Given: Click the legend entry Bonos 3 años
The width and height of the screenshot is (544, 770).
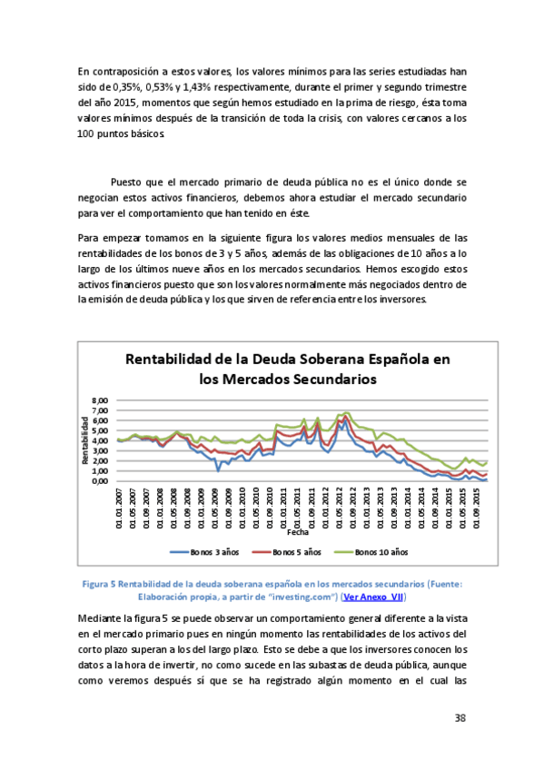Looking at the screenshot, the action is click(x=205, y=551).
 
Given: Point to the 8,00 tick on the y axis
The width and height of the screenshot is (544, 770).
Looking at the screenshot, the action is click(x=101, y=400).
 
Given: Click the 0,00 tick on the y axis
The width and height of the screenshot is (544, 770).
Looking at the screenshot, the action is click(x=101, y=481).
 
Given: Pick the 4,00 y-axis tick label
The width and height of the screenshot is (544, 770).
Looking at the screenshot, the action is click(x=101, y=440).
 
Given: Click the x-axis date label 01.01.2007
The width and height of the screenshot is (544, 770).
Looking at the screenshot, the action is click(x=119, y=509).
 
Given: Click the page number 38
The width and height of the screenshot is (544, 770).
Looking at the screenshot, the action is click(x=460, y=718).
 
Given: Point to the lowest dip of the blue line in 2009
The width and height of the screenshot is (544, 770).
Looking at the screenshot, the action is click(x=218, y=469).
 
